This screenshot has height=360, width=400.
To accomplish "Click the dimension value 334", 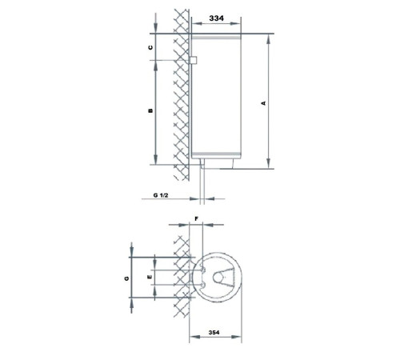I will click(x=215, y=17).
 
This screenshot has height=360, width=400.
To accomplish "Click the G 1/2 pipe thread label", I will click(x=162, y=194).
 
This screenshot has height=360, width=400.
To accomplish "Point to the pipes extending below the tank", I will click(x=204, y=180).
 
